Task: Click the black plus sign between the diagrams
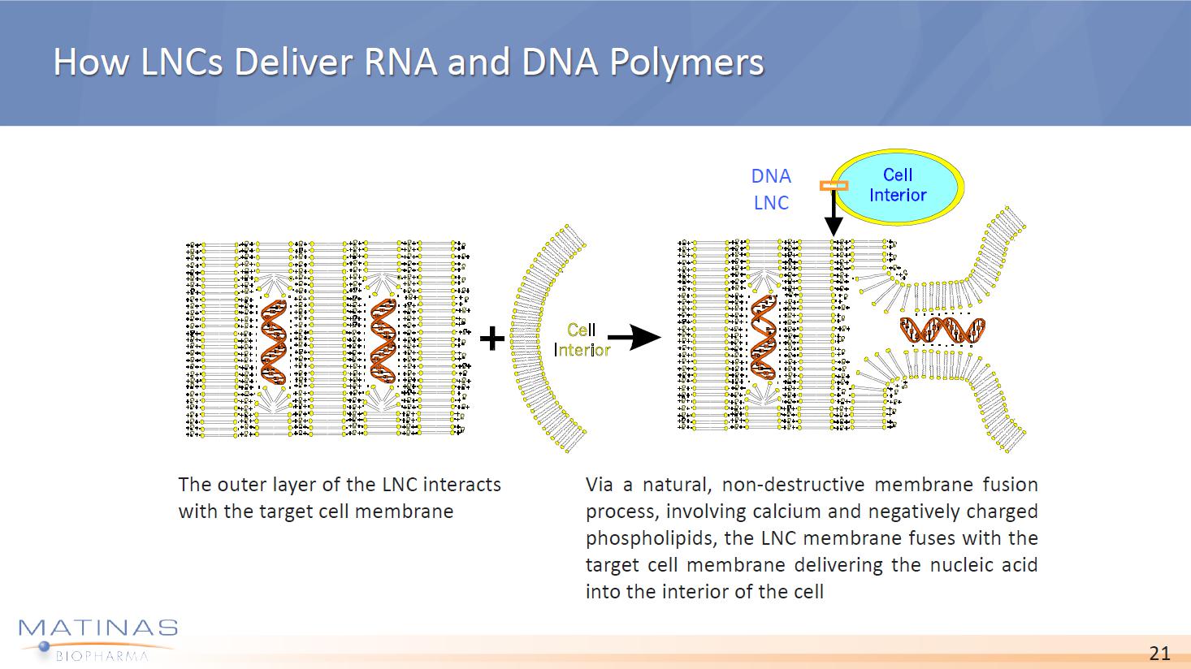(x=492, y=338)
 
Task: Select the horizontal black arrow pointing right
(x=634, y=336)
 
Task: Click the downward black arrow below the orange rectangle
(x=834, y=213)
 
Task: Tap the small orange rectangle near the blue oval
(x=834, y=186)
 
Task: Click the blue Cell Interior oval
(x=899, y=186)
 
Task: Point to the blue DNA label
(x=771, y=176)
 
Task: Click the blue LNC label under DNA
(x=771, y=203)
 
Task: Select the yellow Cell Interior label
(x=582, y=339)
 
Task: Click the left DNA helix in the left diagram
(x=274, y=341)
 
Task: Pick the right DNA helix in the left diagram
(x=383, y=341)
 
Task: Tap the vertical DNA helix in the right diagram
(x=764, y=337)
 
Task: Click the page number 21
(x=1159, y=654)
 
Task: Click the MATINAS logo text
(x=97, y=628)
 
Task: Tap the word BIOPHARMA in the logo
(x=102, y=655)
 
